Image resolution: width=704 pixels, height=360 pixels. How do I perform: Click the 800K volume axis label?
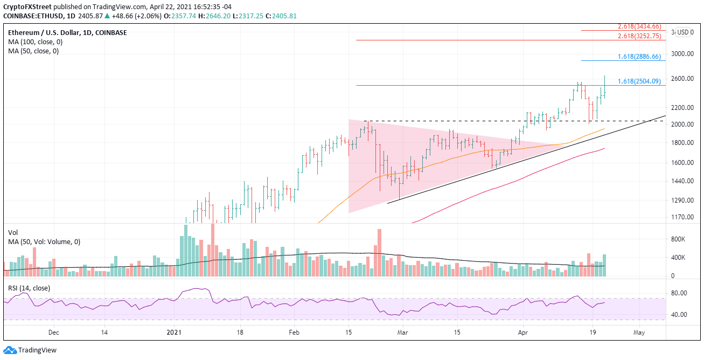678,239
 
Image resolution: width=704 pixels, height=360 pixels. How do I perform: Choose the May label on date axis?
639,333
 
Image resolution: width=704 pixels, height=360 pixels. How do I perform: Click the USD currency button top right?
683,32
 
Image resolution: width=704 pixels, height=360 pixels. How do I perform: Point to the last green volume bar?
604,265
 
